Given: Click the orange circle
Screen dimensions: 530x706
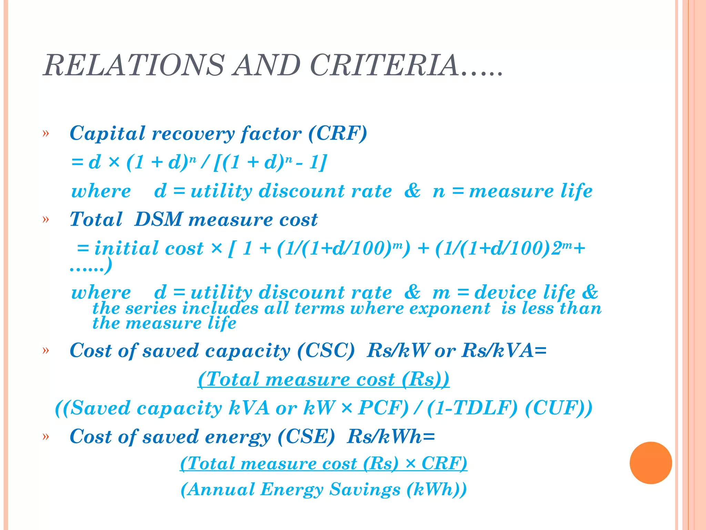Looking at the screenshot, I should point(650,463).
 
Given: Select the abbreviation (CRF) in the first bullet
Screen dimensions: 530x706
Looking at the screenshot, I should point(337,133).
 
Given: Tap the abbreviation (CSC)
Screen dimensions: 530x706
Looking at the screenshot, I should point(326,351).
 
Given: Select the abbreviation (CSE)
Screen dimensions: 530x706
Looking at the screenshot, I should point(306,436).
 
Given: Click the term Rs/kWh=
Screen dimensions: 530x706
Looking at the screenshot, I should point(391,436).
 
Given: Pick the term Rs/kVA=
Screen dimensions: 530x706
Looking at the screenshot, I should point(504,351).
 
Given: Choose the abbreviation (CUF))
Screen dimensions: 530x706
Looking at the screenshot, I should point(558,408).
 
